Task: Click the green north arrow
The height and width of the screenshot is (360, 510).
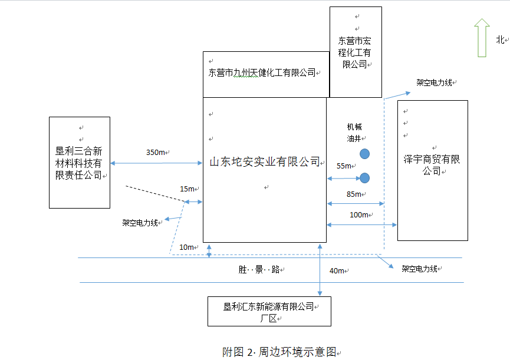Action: (x=482, y=38)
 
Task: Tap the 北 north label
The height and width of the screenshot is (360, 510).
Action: (x=500, y=40)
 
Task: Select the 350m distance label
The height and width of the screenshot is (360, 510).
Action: (x=156, y=153)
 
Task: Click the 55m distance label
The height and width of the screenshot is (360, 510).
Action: (x=344, y=166)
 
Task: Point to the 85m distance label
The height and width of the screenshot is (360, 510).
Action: (x=354, y=194)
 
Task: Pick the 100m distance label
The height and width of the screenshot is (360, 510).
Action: (x=359, y=215)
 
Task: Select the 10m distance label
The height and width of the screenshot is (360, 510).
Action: (x=187, y=247)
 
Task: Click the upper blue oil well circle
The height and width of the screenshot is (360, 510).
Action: (x=365, y=154)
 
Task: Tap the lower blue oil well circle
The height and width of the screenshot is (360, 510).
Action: (x=365, y=177)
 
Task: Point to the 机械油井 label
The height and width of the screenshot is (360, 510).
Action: (x=354, y=133)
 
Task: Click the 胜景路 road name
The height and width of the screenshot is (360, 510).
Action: (x=259, y=270)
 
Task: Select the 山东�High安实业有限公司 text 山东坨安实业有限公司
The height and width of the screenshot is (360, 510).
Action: (x=265, y=161)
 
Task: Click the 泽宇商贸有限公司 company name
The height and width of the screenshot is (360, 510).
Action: (x=432, y=165)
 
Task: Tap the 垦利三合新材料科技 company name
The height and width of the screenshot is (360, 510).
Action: (x=78, y=163)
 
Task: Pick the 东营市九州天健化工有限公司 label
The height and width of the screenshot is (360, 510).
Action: (x=262, y=73)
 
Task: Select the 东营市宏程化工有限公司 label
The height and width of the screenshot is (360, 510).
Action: (x=354, y=52)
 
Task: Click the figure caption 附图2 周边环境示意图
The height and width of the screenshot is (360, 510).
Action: (x=279, y=352)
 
